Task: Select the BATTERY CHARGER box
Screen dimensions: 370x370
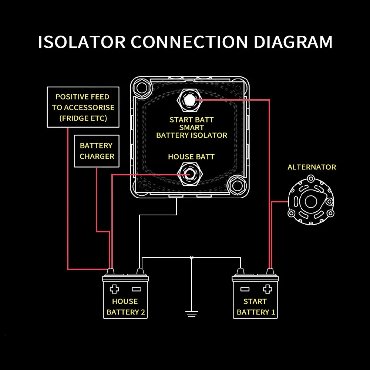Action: (97, 151)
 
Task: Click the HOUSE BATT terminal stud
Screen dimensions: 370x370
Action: (189, 174)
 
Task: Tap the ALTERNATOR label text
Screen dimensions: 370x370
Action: (312, 167)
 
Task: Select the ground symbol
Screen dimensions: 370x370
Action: (191, 314)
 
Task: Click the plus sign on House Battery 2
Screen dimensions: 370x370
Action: (115, 289)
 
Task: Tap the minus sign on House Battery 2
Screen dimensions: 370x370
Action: (136, 289)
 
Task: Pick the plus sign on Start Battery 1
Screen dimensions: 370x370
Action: (267, 289)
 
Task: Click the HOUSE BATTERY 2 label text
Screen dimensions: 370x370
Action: (125, 307)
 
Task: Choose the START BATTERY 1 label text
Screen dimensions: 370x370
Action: (256, 307)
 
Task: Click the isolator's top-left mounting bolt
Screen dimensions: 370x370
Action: (141, 87)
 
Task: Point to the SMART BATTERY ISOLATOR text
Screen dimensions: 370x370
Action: (192, 131)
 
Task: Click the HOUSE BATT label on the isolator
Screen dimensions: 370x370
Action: (191, 157)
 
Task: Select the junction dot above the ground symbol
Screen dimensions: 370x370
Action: (191, 258)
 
